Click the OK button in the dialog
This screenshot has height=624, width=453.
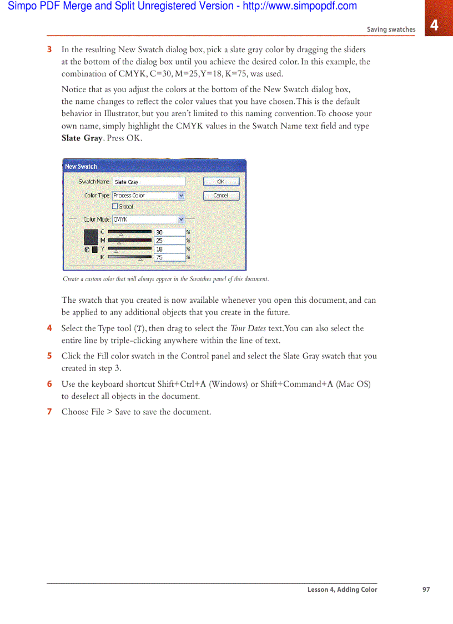point(221,182)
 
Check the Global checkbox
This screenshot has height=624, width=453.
point(115,207)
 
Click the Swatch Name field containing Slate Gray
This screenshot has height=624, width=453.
point(148,182)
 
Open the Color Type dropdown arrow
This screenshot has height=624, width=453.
point(181,196)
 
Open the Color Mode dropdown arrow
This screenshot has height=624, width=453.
point(181,219)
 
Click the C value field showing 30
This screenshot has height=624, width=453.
point(169,232)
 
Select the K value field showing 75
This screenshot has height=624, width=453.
point(169,257)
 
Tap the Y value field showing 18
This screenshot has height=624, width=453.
point(169,249)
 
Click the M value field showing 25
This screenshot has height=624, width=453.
point(169,241)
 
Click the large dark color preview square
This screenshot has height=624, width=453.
point(91,237)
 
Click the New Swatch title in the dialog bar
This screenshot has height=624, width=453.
point(81,166)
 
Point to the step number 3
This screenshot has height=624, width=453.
point(49,49)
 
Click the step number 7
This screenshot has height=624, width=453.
point(49,412)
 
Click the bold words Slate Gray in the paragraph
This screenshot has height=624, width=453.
point(82,138)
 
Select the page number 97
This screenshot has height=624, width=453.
point(426,590)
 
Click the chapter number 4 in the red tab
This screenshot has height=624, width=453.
point(434,25)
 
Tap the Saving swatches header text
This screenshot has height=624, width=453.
point(391,29)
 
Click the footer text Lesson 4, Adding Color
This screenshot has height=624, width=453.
point(342,590)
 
